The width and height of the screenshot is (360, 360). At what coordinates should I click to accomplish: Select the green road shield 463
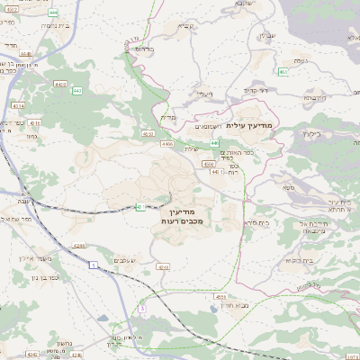tap(283, 70)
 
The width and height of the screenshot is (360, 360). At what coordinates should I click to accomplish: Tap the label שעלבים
tap(125, 261)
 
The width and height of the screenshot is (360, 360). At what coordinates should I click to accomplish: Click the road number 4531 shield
tap(220, 295)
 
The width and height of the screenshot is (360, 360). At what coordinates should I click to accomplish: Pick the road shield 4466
tap(166, 143)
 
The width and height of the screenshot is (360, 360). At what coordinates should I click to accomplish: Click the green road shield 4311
tap(142, 206)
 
